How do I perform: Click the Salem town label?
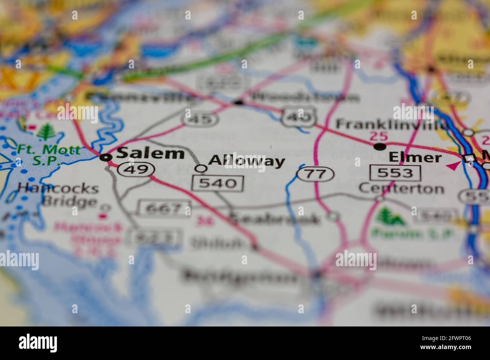(150, 154)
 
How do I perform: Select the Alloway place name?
(247, 161)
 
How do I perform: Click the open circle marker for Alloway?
(202, 169)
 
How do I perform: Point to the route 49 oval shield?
(136, 169)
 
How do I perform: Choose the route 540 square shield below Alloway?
(217, 183)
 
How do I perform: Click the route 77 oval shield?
(315, 174)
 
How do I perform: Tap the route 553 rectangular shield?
(395, 173)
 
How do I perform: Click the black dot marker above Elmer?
(380, 146)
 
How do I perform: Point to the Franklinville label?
(392, 124)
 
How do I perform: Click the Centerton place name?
(401, 188)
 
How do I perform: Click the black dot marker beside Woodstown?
(238, 102)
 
